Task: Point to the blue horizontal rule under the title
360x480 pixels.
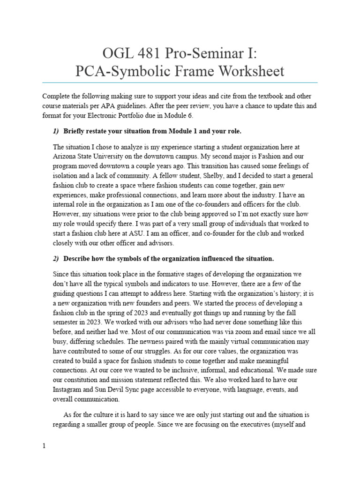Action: tap(180, 83)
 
